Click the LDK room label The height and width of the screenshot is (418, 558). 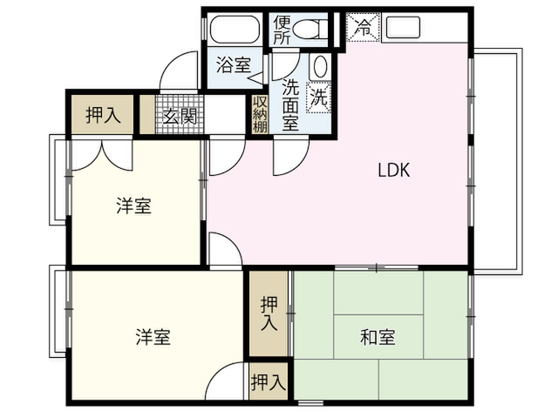(393, 170)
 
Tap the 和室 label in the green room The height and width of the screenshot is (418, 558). (378, 337)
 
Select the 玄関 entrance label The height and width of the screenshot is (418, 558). (180, 116)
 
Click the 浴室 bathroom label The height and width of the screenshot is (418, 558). (234, 65)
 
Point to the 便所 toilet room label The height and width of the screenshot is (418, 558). (282, 30)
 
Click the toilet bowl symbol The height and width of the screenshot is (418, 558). (312, 29)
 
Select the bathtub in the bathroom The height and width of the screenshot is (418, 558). (234, 30)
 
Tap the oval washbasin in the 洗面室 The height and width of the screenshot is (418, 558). (320, 66)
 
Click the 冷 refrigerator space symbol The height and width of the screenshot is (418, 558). (363, 27)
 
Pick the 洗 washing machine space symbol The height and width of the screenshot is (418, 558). (318, 97)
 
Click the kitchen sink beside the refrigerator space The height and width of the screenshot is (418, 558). (403, 27)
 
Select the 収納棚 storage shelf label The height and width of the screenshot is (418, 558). (260, 114)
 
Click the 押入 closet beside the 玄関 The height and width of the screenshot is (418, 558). (103, 114)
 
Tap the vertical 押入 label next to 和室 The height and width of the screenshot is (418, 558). (269, 313)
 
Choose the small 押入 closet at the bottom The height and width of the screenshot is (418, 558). (269, 381)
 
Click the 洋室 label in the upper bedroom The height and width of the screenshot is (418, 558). (133, 206)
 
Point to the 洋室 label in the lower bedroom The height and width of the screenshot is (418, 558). (153, 337)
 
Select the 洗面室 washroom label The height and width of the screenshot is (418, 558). (290, 104)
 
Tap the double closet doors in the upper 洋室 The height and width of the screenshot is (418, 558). (102, 155)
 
